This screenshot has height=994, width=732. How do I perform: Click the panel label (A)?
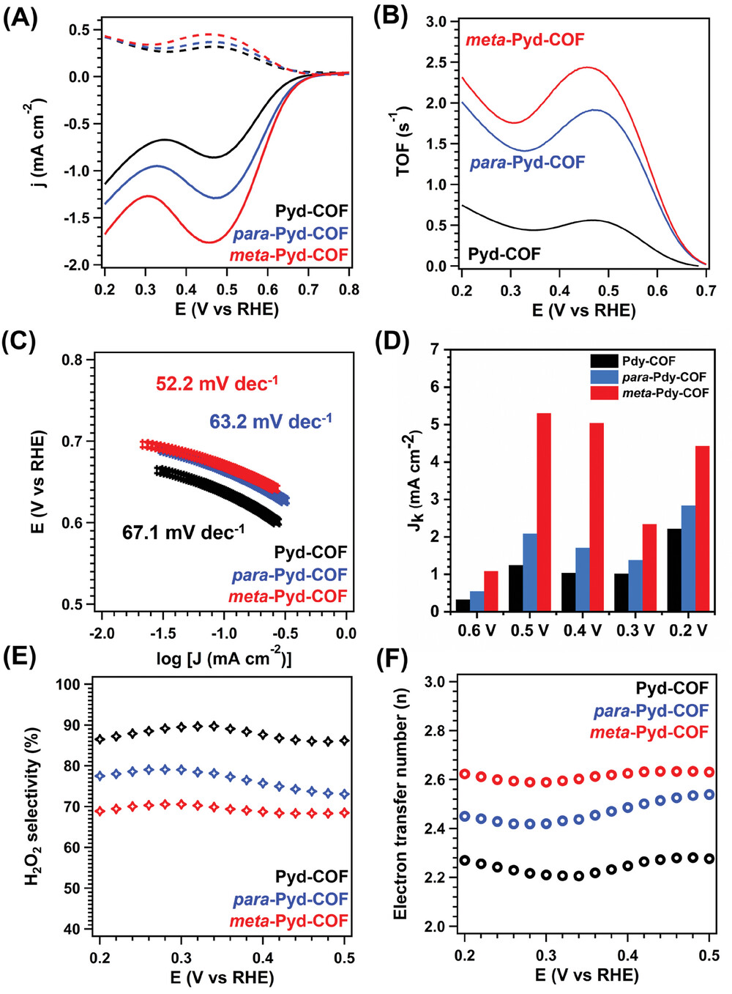click(20, 17)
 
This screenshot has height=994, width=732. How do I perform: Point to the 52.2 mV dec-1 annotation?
click(217, 383)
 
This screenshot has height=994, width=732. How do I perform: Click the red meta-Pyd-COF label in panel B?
click(525, 40)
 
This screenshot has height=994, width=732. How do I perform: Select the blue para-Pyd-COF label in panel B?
click(527, 162)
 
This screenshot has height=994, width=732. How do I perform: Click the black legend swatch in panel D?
click(605, 361)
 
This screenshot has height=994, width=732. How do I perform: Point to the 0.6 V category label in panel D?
click(477, 630)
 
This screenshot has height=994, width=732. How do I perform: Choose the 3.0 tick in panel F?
click(435, 682)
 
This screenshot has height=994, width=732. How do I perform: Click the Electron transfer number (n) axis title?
click(400, 804)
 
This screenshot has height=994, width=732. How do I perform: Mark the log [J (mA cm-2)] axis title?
click(224, 658)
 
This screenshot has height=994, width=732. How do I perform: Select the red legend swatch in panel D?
click(605, 393)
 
